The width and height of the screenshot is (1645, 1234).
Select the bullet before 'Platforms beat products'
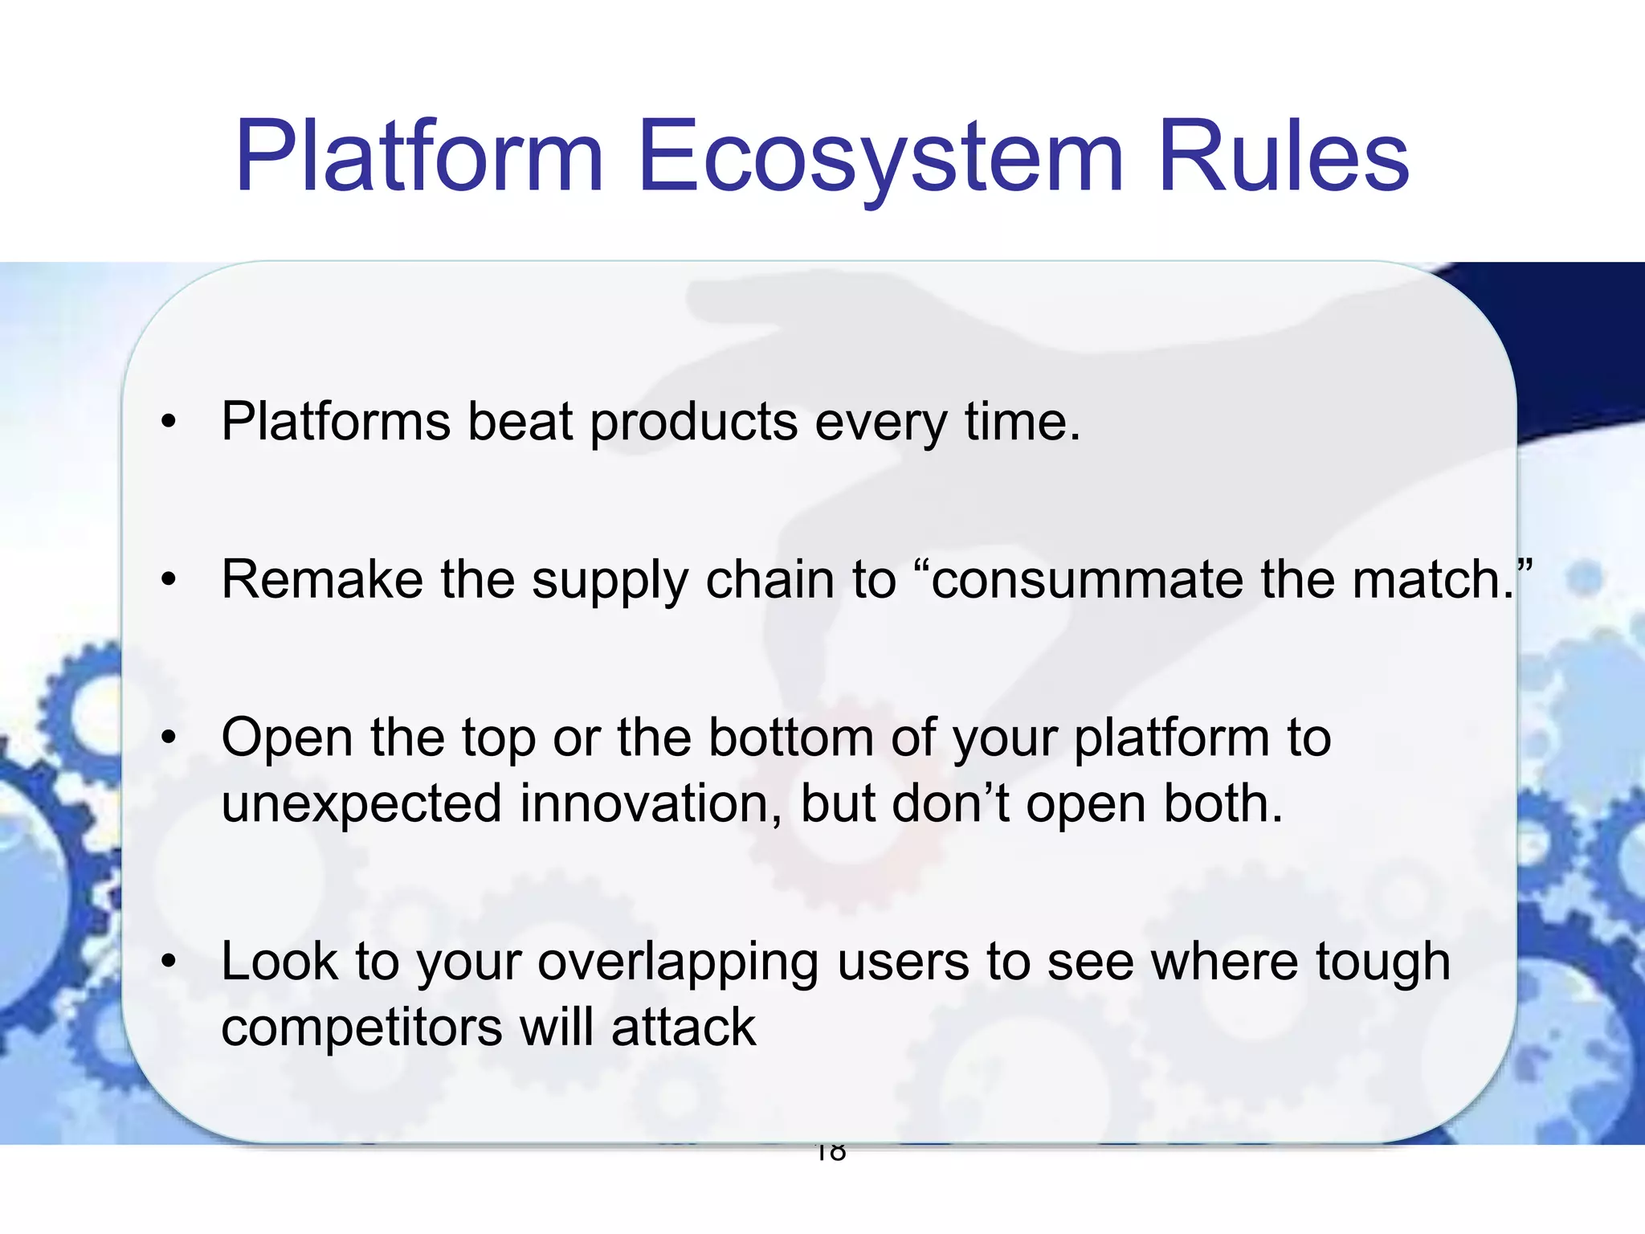(x=168, y=422)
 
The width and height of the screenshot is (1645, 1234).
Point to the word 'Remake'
(x=322, y=579)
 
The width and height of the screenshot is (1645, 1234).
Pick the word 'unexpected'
(x=361, y=804)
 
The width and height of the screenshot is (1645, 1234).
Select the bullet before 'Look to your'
(x=168, y=962)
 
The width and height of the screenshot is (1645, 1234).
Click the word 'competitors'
(x=361, y=1028)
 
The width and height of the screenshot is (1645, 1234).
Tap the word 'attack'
(x=684, y=1028)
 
